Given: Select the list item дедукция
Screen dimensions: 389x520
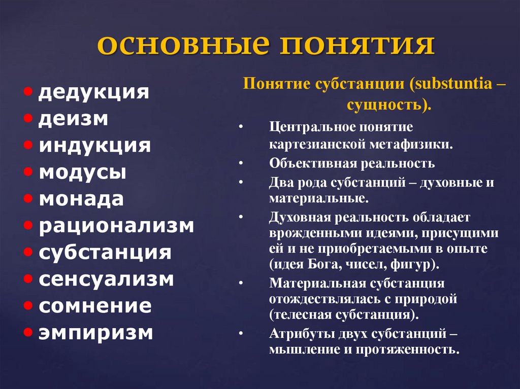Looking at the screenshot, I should (93, 92).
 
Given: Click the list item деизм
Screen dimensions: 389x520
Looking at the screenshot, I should (73, 119).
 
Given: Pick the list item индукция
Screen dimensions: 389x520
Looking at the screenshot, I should (94, 146).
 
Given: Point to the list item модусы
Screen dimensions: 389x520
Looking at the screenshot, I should (83, 172).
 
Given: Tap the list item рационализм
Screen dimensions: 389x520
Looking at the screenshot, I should (116, 226).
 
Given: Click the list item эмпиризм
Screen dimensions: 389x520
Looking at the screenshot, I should (96, 333).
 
